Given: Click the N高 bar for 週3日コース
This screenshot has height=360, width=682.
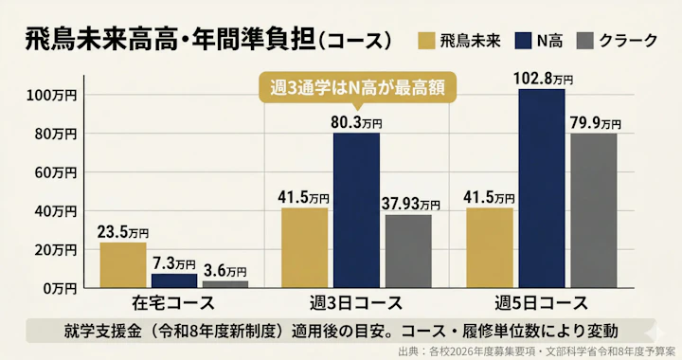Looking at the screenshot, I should (x=356, y=210).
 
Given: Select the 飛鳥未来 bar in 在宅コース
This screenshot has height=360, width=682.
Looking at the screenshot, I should (x=122, y=265).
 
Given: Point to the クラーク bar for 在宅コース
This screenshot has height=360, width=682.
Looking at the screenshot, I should (x=224, y=284).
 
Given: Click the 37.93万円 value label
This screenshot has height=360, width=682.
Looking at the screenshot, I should (x=411, y=202).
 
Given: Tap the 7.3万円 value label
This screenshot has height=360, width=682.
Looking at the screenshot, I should (x=174, y=261).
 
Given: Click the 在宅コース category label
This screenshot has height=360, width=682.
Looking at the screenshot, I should (x=172, y=304).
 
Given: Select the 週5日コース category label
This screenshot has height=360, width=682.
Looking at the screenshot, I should (x=541, y=304).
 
